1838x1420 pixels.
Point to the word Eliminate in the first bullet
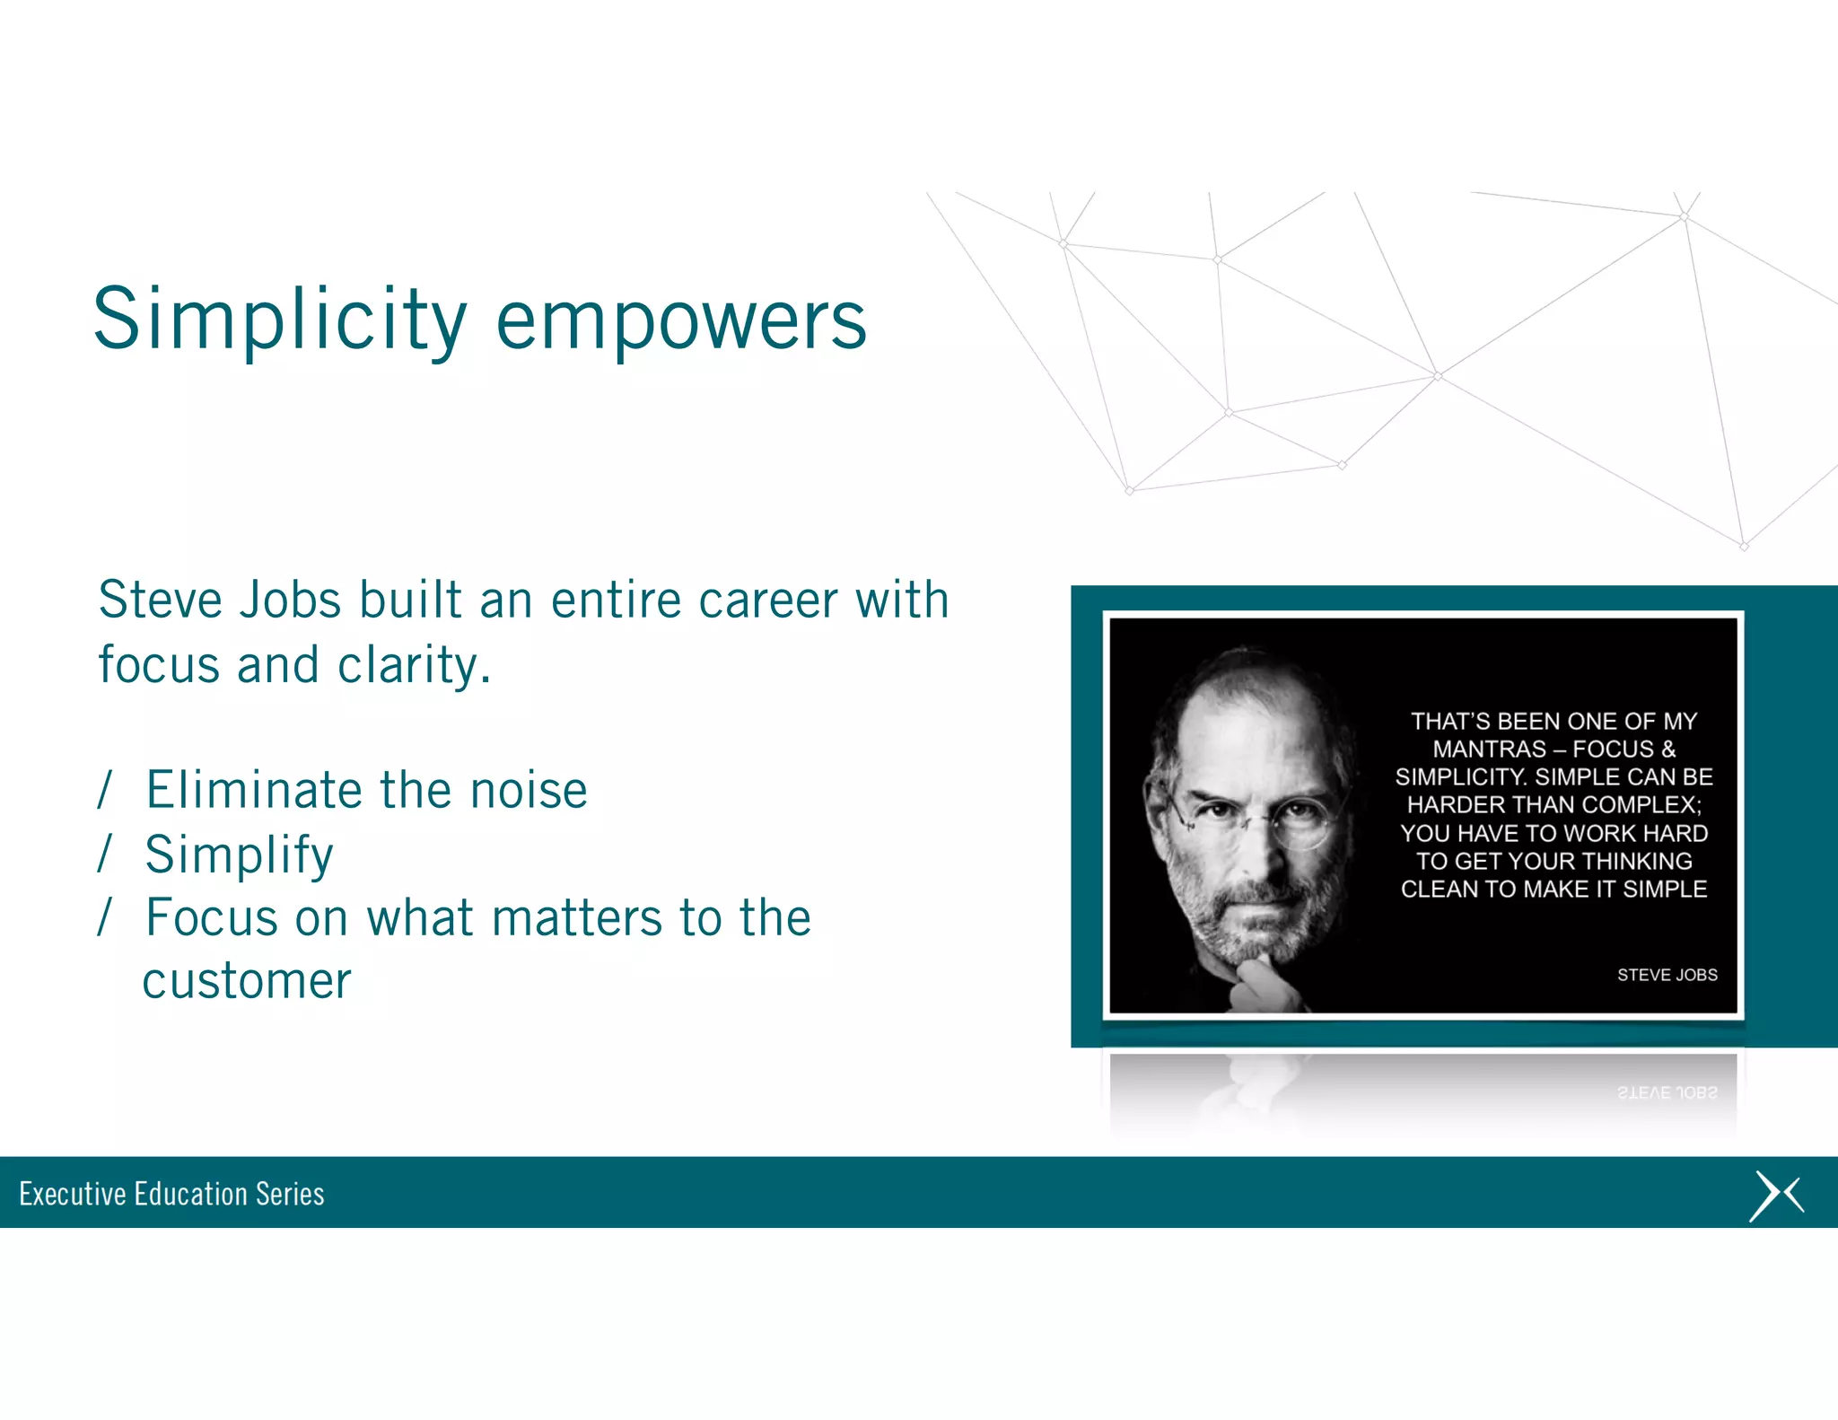pos(255,790)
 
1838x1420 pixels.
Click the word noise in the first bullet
pos(529,790)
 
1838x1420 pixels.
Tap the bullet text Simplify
pos(239,855)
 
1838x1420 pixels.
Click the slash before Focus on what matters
pos(105,916)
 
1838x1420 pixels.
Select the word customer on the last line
pos(247,980)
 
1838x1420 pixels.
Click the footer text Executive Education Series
pos(171,1194)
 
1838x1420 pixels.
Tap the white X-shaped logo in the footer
pos(1776,1196)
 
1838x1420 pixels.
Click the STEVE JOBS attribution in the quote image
pos(1667,975)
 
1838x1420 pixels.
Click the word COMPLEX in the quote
pos(1638,805)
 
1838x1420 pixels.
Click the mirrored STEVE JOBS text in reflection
pos(1667,1092)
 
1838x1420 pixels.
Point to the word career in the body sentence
pos(767,600)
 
